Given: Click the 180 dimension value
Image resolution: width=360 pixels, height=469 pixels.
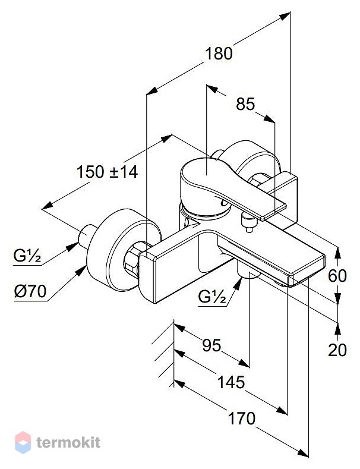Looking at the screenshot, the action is pyautogui.click(x=219, y=53).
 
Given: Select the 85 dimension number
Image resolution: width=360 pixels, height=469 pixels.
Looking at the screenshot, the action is pyautogui.click(x=245, y=104).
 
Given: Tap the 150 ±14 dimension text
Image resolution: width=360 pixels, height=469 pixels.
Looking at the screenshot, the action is pyautogui.click(x=108, y=172).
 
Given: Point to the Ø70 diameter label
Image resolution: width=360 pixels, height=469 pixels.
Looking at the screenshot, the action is pyautogui.click(x=30, y=291).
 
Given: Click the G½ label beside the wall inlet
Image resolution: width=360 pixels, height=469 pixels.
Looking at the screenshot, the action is pyautogui.click(x=27, y=256).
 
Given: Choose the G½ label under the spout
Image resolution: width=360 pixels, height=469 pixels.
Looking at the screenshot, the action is pyautogui.click(x=212, y=297).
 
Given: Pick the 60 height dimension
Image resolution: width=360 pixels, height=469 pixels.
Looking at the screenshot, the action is pyautogui.click(x=337, y=275).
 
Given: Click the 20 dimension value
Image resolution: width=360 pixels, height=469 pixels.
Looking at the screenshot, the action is pyautogui.click(x=337, y=350).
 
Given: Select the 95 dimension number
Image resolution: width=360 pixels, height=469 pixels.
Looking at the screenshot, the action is pyautogui.click(x=211, y=345).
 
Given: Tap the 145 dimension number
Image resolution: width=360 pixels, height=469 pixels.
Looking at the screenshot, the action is pyautogui.click(x=231, y=383).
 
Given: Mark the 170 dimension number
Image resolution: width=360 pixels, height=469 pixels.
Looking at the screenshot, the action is pyautogui.click(x=242, y=418).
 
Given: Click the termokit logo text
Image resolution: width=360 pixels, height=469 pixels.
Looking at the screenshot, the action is pyautogui.click(x=68, y=443).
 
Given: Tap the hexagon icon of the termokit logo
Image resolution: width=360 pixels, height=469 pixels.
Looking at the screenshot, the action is pyautogui.click(x=23, y=442).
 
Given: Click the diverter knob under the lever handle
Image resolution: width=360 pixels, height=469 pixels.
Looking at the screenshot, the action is pyautogui.click(x=249, y=221).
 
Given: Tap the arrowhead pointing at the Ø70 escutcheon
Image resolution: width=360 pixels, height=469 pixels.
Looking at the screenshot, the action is pyautogui.click(x=81, y=271).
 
